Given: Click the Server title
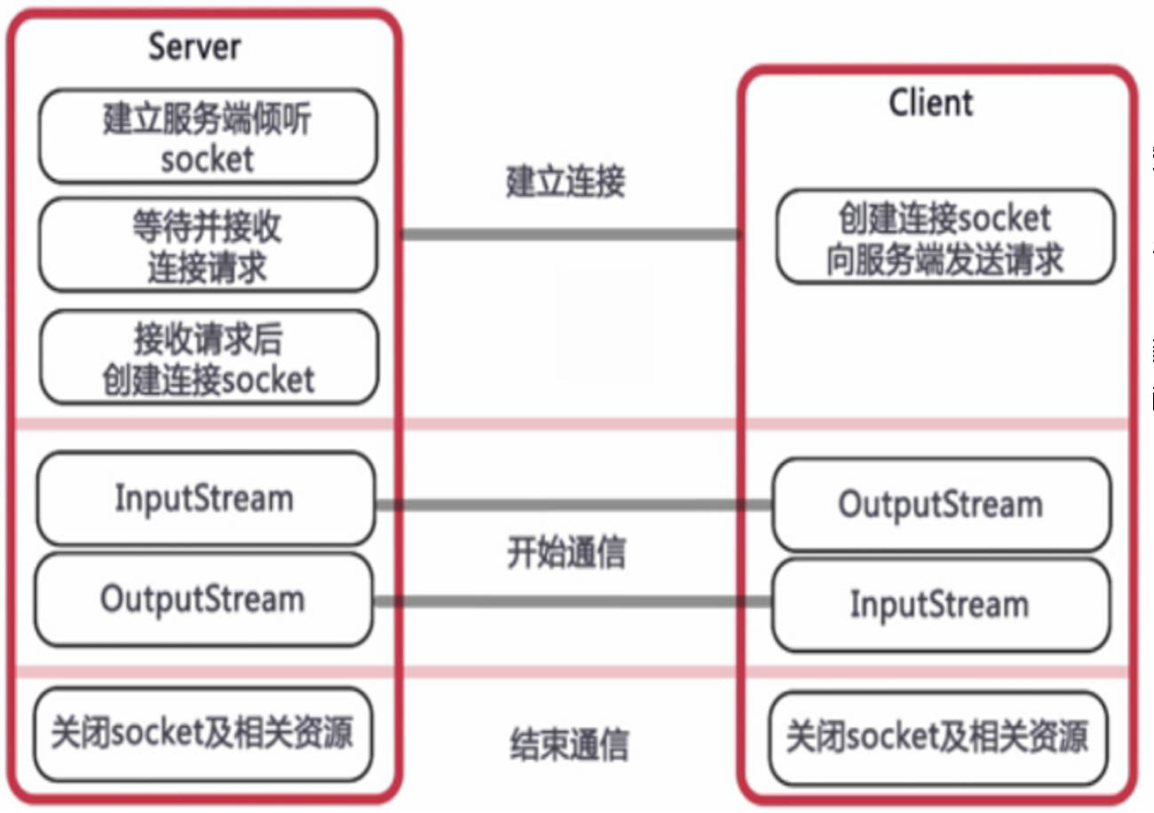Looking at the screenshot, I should [194, 46].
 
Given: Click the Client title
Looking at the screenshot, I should [930, 103].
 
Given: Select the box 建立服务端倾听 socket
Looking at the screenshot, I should [207, 136].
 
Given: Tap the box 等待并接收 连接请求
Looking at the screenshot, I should [207, 245].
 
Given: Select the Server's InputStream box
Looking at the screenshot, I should [204, 498].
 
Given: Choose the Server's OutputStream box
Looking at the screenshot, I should [203, 599].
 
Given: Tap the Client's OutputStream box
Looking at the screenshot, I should [940, 505].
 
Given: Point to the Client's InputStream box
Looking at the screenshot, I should [940, 605].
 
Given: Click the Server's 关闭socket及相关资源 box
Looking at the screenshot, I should [203, 734].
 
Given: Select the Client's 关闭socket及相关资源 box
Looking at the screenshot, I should [937, 738].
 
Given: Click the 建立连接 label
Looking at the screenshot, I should [566, 181].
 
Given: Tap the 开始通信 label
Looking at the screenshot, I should [566, 553].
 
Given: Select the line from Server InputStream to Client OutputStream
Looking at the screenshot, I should [573, 505].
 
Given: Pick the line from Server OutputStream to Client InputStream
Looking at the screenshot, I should [573, 602].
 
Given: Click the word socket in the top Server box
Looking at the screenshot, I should [207, 159].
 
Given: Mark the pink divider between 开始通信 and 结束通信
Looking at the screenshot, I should [569, 673].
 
